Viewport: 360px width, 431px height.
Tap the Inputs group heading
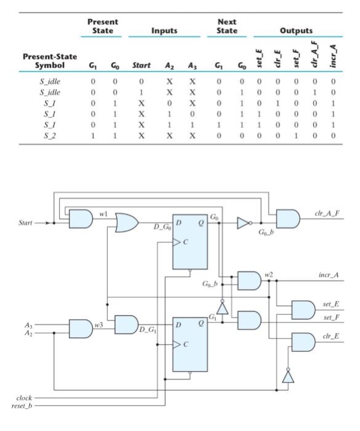coord(164,30)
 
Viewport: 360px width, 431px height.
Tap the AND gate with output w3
coord(81,328)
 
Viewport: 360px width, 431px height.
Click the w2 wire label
coord(269,272)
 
